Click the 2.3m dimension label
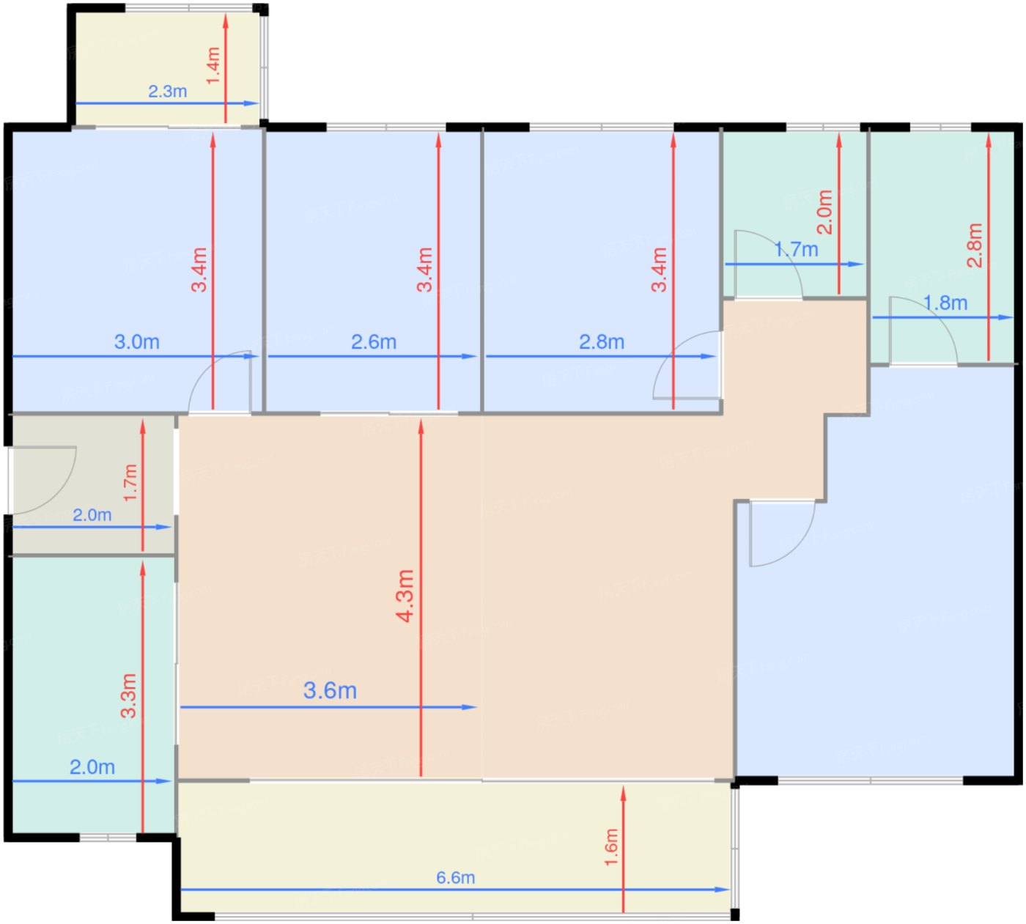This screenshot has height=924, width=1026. pos(167,92)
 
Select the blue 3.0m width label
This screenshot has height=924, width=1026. pos(136,341)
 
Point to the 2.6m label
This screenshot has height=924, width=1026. pos(373,341)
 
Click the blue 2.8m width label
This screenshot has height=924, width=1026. pos(602,341)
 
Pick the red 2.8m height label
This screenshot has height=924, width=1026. pos(975,245)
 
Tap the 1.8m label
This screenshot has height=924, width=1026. pos(945,303)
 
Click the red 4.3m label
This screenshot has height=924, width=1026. pos(405,596)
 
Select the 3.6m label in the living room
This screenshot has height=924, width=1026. pos(330,691)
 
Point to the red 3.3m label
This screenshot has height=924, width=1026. pos(128,696)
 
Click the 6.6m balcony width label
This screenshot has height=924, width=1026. pos(455,878)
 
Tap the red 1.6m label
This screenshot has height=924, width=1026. pos(611,847)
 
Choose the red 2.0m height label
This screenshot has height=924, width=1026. pos(824,212)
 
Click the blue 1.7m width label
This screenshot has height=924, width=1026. pos(796,250)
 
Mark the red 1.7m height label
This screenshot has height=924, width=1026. pos(130,482)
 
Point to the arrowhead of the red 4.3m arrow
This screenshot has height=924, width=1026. pos(421,426)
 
